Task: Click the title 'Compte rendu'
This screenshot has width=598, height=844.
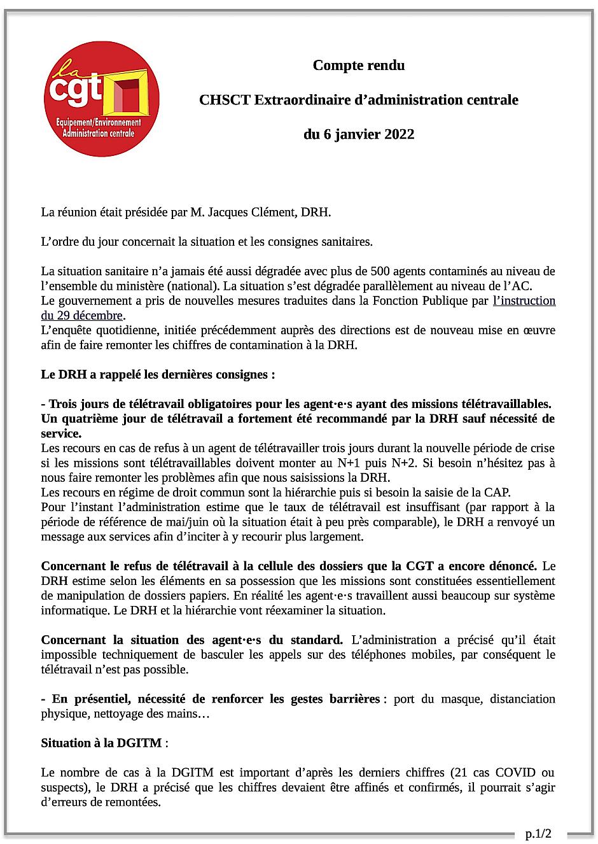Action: pyautogui.click(x=359, y=65)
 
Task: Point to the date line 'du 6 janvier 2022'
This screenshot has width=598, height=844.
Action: pyautogui.click(x=359, y=134)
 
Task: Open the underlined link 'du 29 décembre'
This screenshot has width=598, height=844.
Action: pyautogui.click(x=82, y=316)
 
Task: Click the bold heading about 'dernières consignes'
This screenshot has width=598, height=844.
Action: pyautogui.click(x=158, y=374)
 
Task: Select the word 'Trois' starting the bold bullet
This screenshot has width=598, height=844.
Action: pyautogui.click(x=63, y=404)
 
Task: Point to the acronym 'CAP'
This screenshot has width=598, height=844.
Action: pyautogui.click(x=499, y=492)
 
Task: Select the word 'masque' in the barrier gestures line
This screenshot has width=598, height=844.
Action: pyautogui.click(x=448, y=699)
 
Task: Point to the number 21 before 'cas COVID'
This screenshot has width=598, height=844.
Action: pyautogui.click(x=460, y=773)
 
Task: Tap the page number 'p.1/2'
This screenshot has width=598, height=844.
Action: pyautogui.click(x=538, y=833)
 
